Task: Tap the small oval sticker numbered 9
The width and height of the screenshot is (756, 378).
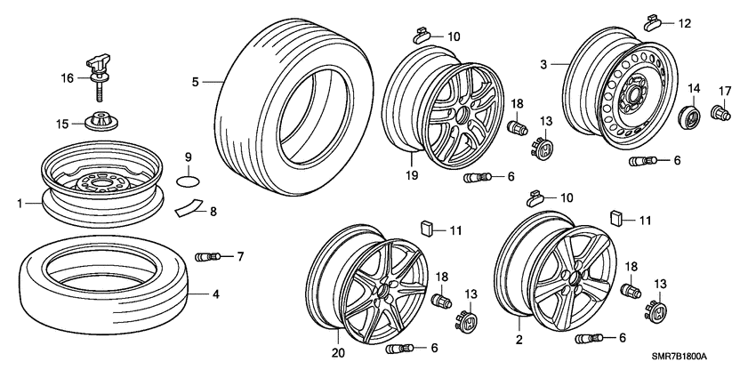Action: [x=188, y=182]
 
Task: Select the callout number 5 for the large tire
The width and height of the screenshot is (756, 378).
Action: [x=195, y=83]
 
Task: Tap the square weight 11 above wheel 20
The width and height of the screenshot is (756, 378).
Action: [x=427, y=229]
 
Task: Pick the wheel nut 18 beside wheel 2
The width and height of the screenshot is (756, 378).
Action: [x=630, y=291]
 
